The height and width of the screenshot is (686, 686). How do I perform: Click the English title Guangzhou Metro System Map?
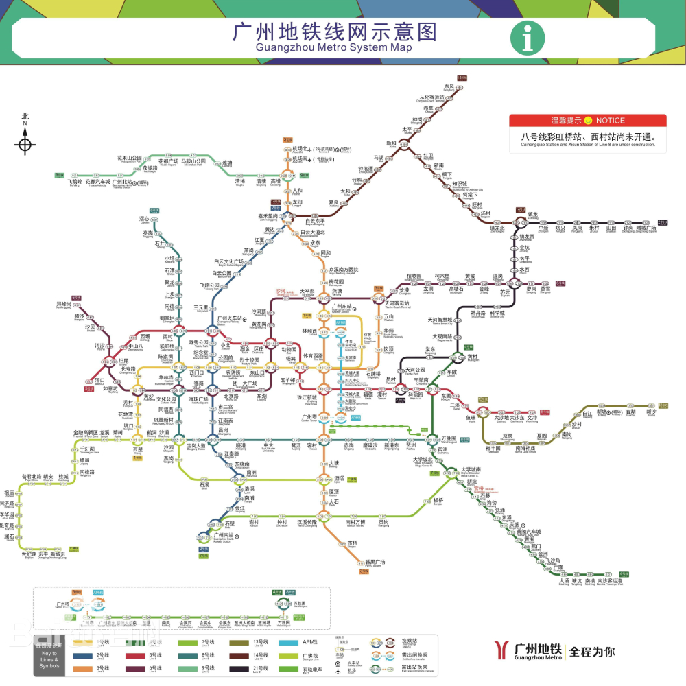(334, 48)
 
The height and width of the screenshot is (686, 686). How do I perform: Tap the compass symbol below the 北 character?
(25, 145)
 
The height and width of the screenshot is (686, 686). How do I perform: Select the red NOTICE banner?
(587, 121)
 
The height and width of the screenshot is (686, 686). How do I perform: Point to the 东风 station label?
(449, 87)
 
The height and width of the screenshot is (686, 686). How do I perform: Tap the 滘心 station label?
(145, 220)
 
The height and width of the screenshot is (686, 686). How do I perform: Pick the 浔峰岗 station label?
(64, 304)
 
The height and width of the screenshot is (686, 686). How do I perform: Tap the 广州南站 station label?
(224, 535)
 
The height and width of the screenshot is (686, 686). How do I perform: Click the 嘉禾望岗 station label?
(263, 215)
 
